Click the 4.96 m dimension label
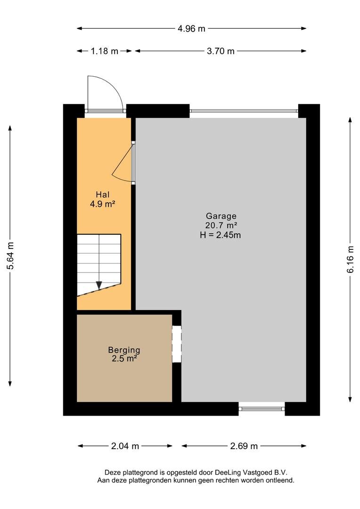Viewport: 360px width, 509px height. [191, 29]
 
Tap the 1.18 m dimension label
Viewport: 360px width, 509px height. [104, 51]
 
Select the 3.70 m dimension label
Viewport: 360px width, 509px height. [221, 51]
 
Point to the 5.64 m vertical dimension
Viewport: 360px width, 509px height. [10, 256]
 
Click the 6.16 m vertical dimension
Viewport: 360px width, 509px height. [350, 259]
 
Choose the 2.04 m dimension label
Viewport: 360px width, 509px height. [125, 446]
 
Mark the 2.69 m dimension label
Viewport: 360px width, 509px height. [244, 446]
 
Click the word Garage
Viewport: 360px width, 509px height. [221, 216]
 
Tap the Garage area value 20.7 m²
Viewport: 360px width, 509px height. [221, 225]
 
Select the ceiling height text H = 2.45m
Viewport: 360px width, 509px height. [221, 235]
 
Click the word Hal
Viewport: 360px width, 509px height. [103, 195]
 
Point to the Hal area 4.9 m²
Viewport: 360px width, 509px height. [103, 204]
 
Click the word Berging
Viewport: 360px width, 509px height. [124, 350]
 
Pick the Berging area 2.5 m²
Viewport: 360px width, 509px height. [124, 359]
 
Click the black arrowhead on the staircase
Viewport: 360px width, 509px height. [99, 285]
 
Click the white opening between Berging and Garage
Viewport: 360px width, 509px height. [177, 344]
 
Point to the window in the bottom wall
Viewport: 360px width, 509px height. [262, 409]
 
